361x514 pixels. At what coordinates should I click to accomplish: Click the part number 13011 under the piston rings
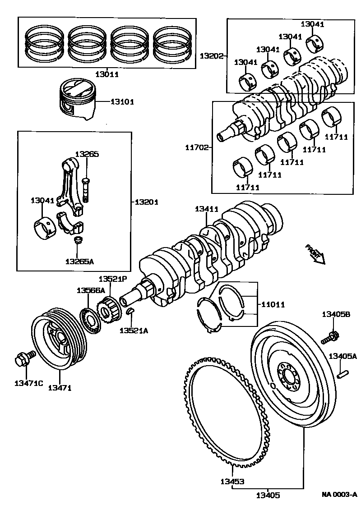pos(107,74)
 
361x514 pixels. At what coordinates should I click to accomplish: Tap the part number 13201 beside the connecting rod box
pos(147,202)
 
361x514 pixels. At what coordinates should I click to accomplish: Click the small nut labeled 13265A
pos(78,240)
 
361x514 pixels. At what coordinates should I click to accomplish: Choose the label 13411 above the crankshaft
pos(207,209)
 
